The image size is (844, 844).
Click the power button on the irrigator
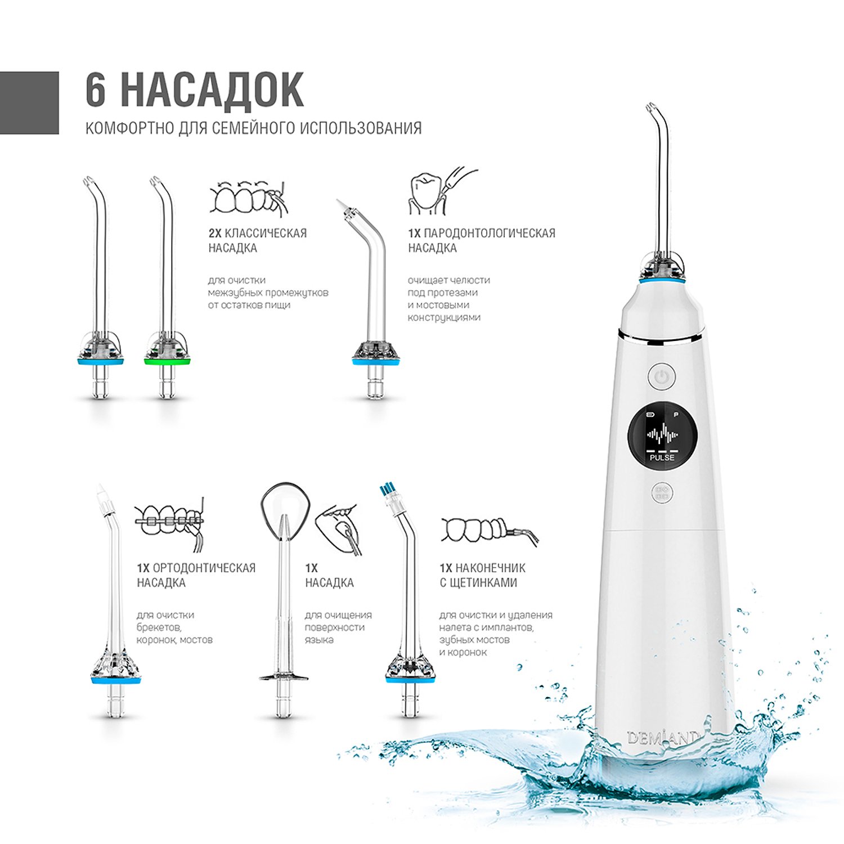tap(662, 376)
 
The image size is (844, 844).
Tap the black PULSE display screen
tap(662, 434)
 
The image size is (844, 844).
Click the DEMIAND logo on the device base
tap(663, 737)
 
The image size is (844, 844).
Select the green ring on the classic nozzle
tap(167, 361)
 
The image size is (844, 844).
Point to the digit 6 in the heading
tap(96, 89)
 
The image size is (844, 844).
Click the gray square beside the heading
tap(29, 102)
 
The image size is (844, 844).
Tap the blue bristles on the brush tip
tap(387, 488)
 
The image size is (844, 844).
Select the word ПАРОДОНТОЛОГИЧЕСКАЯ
tap(490, 233)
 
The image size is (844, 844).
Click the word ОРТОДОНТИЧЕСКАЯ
tap(204, 568)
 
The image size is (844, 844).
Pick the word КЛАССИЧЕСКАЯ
tap(266, 233)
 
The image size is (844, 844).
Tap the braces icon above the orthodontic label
tap(169, 522)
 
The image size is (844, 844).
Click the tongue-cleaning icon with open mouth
tap(338, 529)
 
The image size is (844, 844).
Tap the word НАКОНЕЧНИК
tap(490, 568)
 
